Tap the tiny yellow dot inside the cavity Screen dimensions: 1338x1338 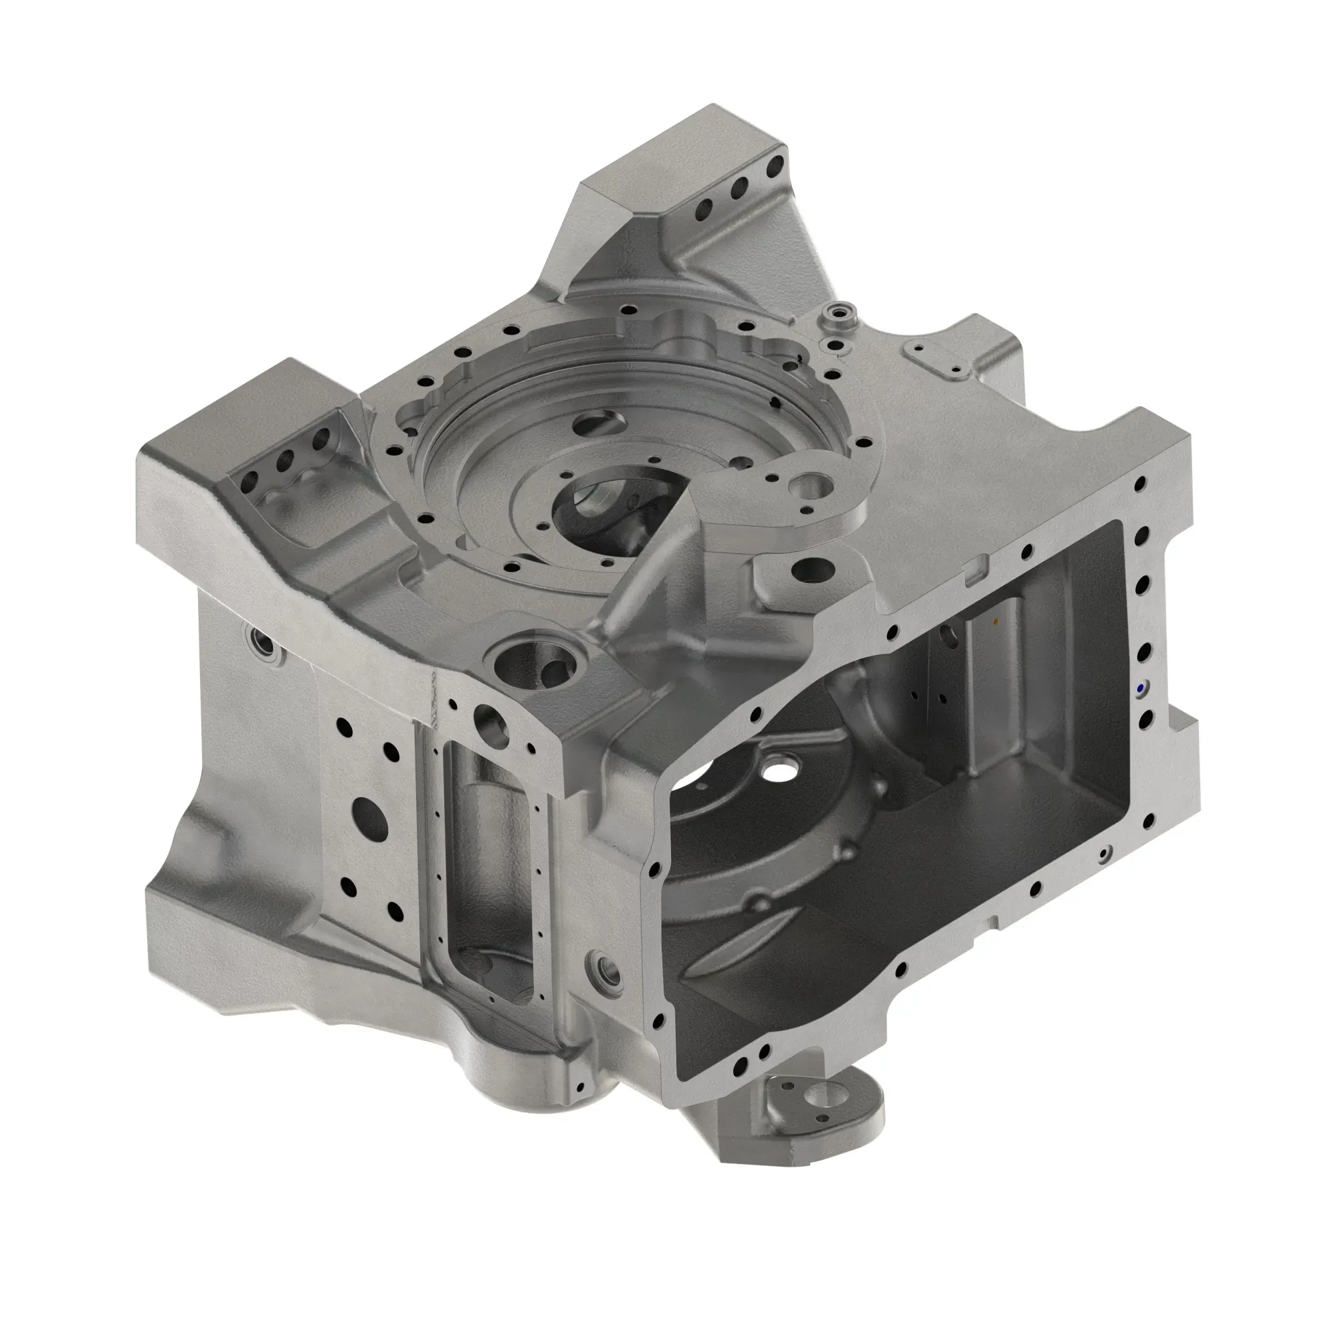tap(996, 622)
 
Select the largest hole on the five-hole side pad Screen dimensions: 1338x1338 tap(369, 820)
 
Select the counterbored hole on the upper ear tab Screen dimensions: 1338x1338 tap(811, 486)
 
